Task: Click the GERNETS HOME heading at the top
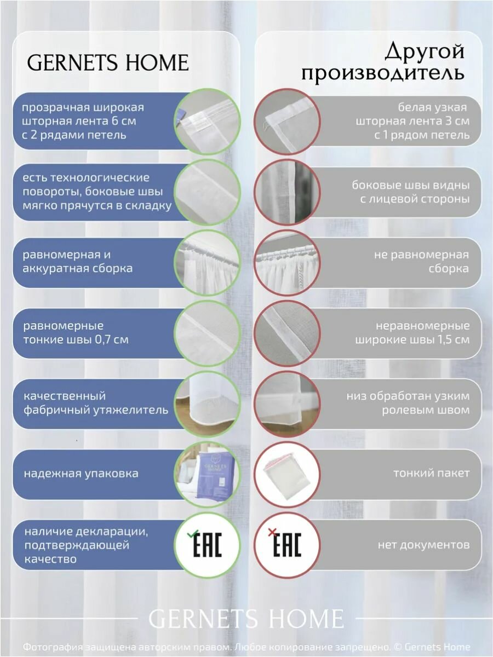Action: (108, 62)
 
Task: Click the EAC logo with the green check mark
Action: (208, 544)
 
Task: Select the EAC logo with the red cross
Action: (286, 544)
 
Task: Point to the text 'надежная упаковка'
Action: (81, 474)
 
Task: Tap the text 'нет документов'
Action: (423, 545)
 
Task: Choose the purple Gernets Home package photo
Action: (208, 474)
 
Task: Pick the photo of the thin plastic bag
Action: (286, 474)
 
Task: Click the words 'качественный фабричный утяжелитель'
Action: (95, 402)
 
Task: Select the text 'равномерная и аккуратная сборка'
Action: (78, 262)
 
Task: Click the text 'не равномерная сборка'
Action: (421, 262)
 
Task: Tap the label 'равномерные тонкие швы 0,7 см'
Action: (76, 332)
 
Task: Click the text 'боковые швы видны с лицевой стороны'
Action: (410, 192)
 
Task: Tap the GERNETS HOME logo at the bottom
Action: (246, 618)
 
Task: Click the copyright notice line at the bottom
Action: (246, 647)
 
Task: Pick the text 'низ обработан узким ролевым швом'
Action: (408, 402)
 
